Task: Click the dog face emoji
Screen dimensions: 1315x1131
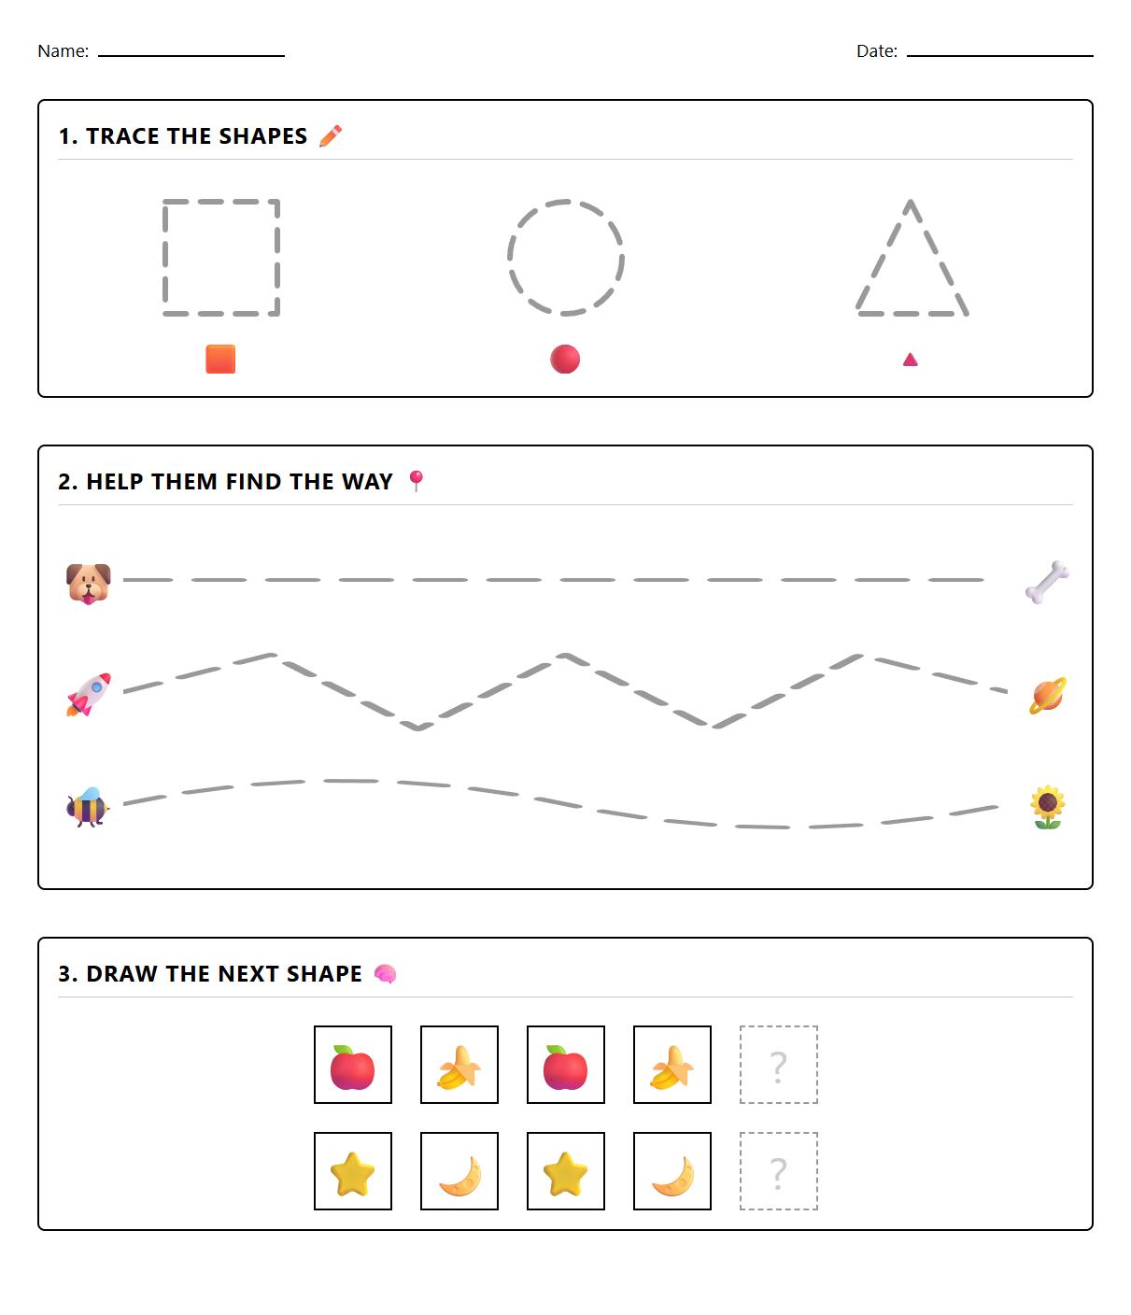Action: tap(89, 583)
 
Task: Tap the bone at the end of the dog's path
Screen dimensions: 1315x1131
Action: tap(1047, 582)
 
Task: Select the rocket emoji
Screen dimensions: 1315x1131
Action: tap(89, 695)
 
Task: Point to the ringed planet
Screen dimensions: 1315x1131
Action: tap(1048, 696)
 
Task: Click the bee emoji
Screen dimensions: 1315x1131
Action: tap(88, 807)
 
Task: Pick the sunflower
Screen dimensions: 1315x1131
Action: tap(1047, 807)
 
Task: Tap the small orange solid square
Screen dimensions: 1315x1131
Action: tap(220, 359)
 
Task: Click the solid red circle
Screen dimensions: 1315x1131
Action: tap(565, 359)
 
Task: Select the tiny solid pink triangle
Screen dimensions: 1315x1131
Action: tap(911, 360)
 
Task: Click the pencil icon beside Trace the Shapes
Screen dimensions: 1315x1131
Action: tap(331, 136)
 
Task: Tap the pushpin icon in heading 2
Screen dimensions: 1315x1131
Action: tap(417, 481)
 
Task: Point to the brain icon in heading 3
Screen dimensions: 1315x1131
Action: tap(385, 974)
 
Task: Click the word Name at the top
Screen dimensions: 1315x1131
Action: tap(63, 51)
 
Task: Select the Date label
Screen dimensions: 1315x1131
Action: tap(876, 51)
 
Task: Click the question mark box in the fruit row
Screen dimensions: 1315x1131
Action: tap(779, 1065)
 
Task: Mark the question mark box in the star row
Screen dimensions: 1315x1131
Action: tap(779, 1171)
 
